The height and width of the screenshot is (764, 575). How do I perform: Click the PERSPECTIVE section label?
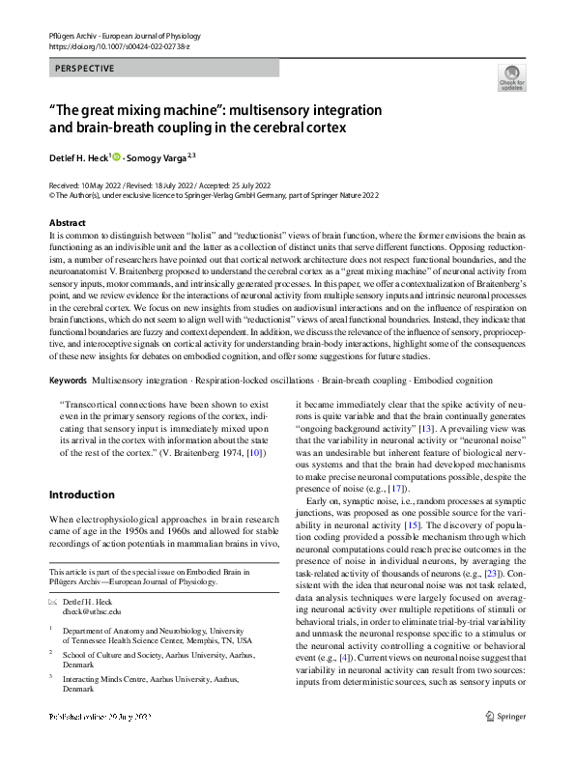pos(85,69)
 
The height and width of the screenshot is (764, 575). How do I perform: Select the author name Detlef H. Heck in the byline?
pos(80,156)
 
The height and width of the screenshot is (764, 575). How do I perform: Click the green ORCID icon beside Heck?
pos(117,156)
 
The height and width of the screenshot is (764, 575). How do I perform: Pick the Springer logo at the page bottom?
pos(505,743)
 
